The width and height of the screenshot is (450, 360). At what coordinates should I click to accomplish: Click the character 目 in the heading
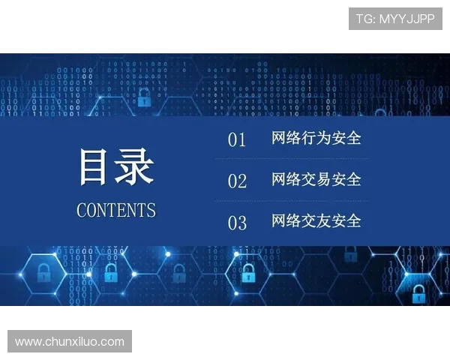[x=96, y=167]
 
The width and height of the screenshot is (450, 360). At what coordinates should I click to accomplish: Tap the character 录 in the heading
[x=135, y=167]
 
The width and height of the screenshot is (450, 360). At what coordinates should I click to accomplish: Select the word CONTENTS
[x=116, y=210]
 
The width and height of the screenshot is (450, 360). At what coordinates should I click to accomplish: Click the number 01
[x=237, y=140]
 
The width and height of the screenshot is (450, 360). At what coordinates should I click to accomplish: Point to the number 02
[x=237, y=181]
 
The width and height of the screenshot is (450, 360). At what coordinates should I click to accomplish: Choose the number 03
[x=237, y=223]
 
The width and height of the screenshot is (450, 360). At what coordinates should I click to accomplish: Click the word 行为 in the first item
[x=316, y=139]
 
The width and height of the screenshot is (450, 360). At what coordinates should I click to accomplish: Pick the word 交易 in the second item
[x=316, y=180]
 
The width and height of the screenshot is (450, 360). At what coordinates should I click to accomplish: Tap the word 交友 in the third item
[x=316, y=221]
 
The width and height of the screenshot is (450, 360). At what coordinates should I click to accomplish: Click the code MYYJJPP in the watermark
[x=406, y=19]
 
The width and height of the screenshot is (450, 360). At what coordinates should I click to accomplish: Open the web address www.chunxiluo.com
[x=70, y=342]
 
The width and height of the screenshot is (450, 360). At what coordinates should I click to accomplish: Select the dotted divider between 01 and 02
[x=291, y=159]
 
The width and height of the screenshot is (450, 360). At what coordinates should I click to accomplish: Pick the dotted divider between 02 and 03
[x=291, y=201]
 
